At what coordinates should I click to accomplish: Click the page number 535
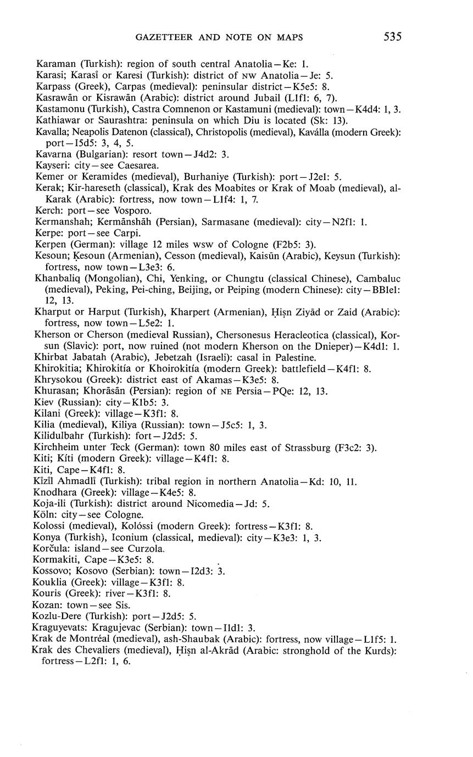click(393, 37)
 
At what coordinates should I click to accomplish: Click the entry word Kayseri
click(51, 165)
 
